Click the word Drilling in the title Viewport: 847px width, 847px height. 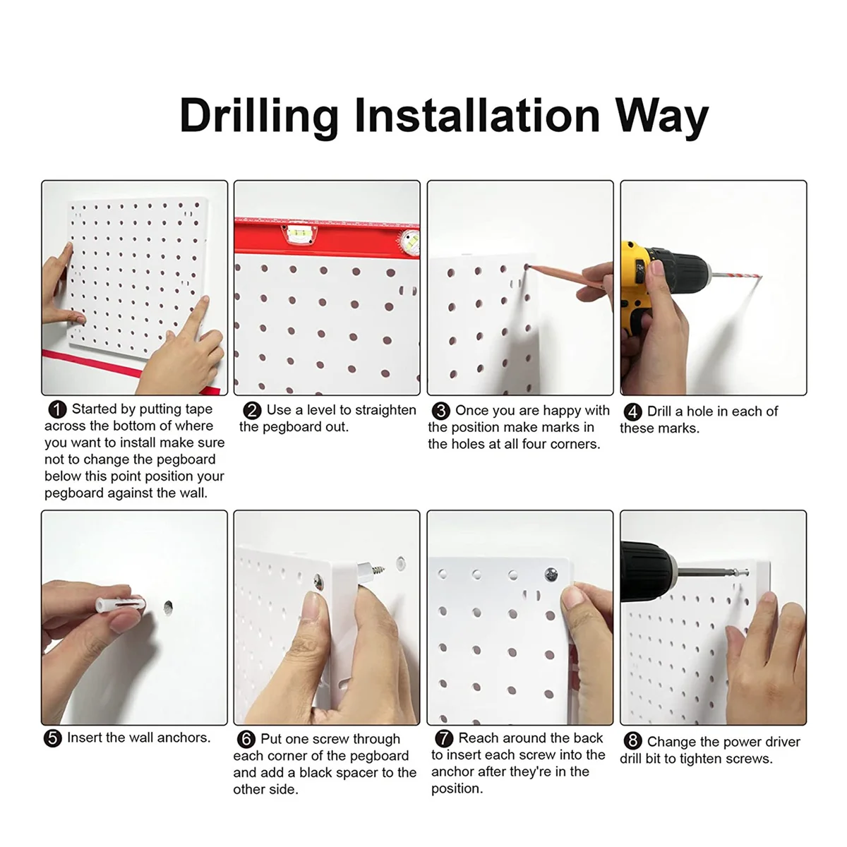pos(259,115)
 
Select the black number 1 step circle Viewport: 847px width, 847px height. pos(57,409)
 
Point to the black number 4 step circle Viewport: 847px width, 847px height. pos(632,412)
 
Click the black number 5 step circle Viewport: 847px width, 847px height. pos(52,738)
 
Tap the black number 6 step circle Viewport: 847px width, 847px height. pos(246,739)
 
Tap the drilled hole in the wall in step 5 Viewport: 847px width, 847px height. pos(168,607)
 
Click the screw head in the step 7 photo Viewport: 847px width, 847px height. pos(551,574)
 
